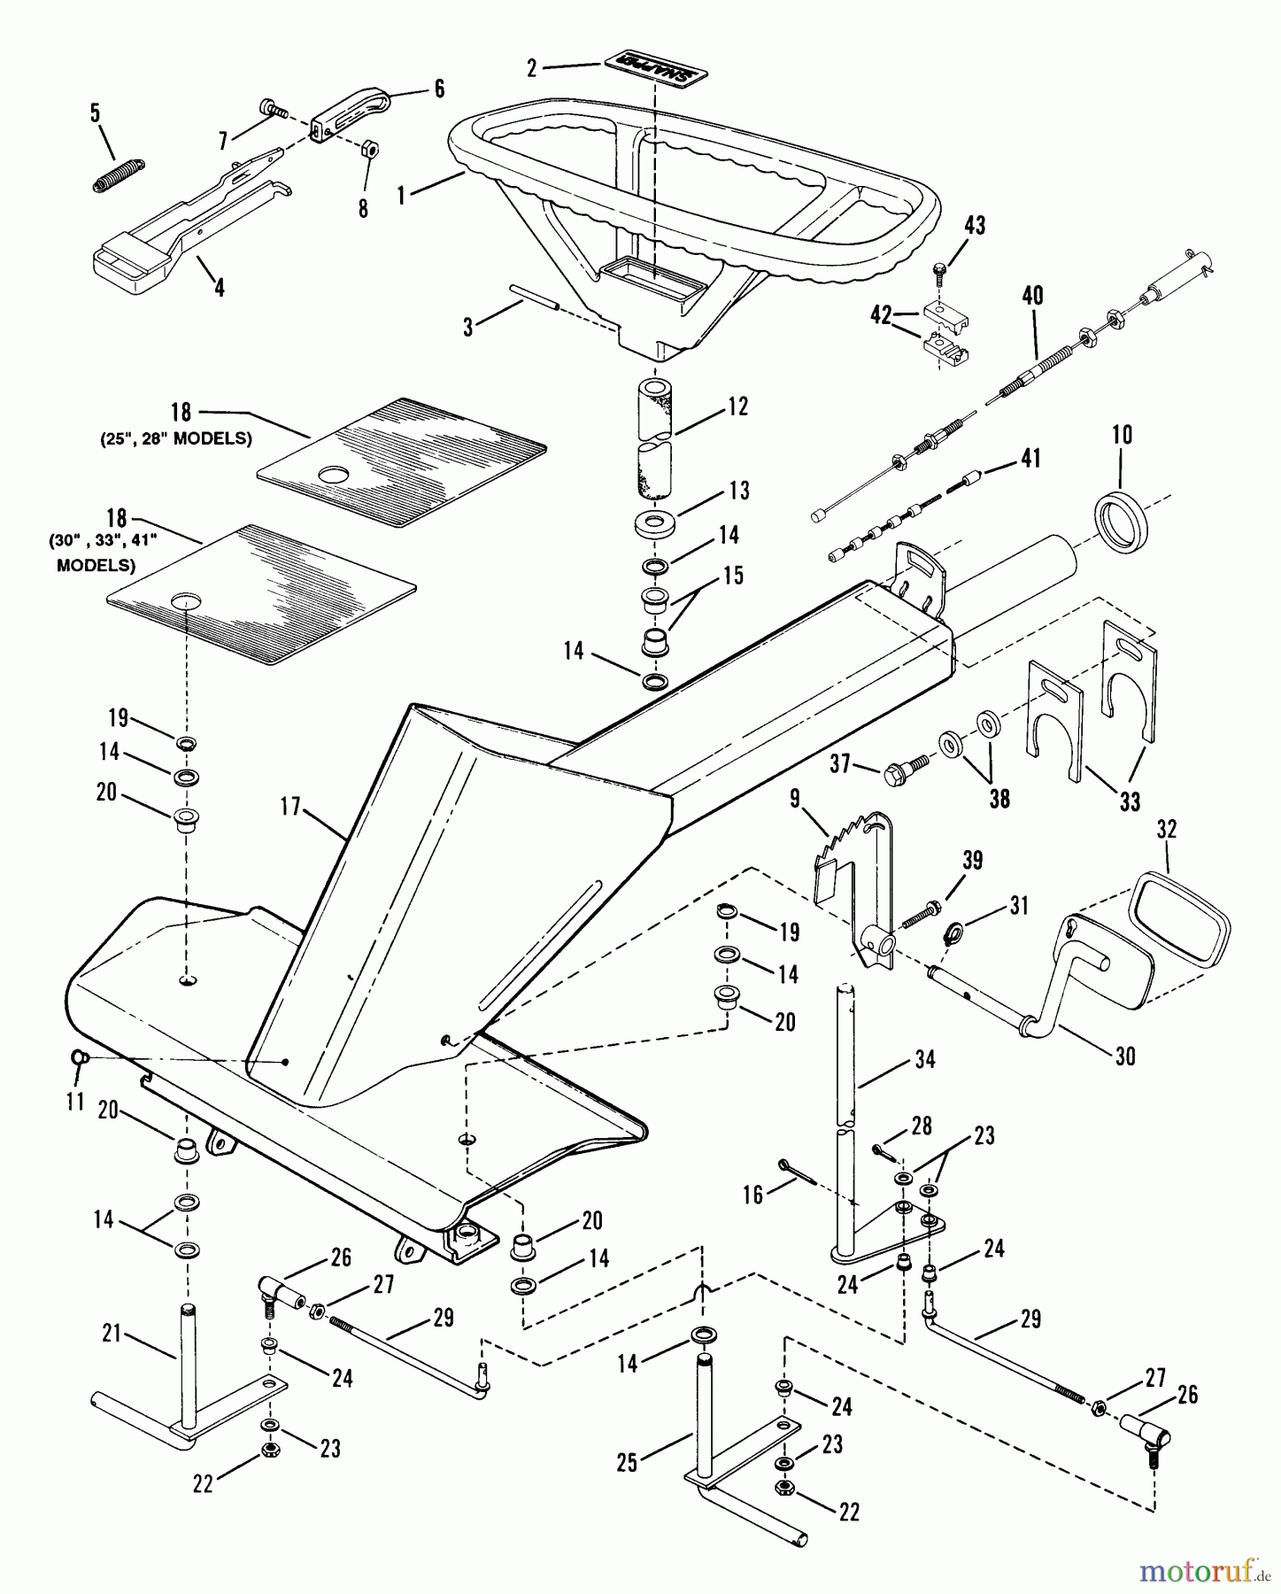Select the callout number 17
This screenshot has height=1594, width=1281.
(x=290, y=807)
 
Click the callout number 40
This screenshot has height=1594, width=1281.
(x=1032, y=296)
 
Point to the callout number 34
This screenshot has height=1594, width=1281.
(x=924, y=1058)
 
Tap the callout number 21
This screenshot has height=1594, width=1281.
(x=111, y=1333)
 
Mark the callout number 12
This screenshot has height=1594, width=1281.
(x=738, y=406)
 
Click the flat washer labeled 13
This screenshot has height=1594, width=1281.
(x=656, y=522)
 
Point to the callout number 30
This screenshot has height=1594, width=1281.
(x=1124, y=1056)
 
